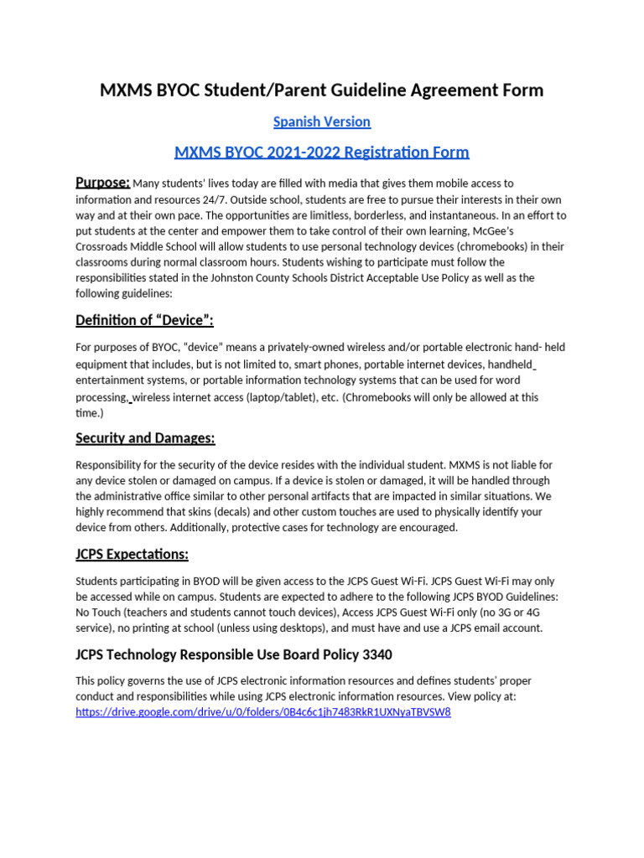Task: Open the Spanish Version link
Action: tap(321, 121)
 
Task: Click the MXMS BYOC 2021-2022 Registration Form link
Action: tap(321, 152)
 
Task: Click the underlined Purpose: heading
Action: tap(102, 183)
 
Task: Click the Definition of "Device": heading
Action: tap(150, 320)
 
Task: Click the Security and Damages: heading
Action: tap(145, 438)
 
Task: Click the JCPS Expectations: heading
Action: tap(132, 555)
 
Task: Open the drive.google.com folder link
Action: tap(262, 712)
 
